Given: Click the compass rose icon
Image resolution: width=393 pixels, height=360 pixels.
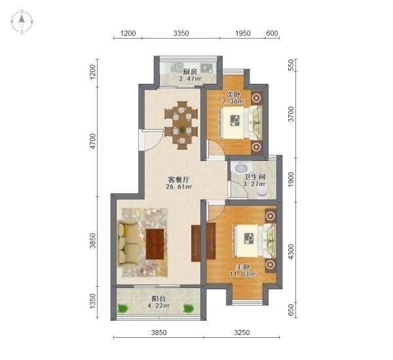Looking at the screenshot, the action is click(22, 22).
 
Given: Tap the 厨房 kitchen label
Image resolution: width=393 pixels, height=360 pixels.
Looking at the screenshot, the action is click(190, 72).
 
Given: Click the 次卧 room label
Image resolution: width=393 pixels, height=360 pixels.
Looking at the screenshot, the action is click(233, 94).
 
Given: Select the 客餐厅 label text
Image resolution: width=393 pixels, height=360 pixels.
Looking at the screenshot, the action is click(178, 179).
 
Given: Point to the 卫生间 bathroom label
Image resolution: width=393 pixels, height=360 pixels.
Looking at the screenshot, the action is click(255, 177).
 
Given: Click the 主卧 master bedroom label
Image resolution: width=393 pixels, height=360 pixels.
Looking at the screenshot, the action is click(243, 267).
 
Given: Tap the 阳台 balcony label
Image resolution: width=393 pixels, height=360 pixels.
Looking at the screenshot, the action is click(159, 298).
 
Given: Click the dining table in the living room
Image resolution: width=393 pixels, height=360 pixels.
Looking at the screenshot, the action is click(181, 125).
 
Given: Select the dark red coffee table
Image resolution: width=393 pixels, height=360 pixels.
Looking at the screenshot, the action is click(155, 243).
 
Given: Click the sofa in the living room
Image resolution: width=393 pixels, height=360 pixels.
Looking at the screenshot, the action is click(127, 243).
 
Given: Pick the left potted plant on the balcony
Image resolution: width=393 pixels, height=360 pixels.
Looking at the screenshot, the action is click(122, 308).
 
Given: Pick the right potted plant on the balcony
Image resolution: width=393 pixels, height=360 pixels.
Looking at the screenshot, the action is click(188, 308).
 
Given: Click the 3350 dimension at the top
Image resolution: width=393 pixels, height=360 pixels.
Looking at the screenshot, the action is click(181, 33).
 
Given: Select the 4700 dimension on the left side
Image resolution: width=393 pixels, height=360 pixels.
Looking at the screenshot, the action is click(93, 141).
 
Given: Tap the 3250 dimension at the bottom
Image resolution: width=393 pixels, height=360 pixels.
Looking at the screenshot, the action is click(242, 333).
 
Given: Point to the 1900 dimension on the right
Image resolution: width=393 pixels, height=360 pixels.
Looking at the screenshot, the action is click(291, 179).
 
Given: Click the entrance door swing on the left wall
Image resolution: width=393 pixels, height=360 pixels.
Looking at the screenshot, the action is click(150, 140).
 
